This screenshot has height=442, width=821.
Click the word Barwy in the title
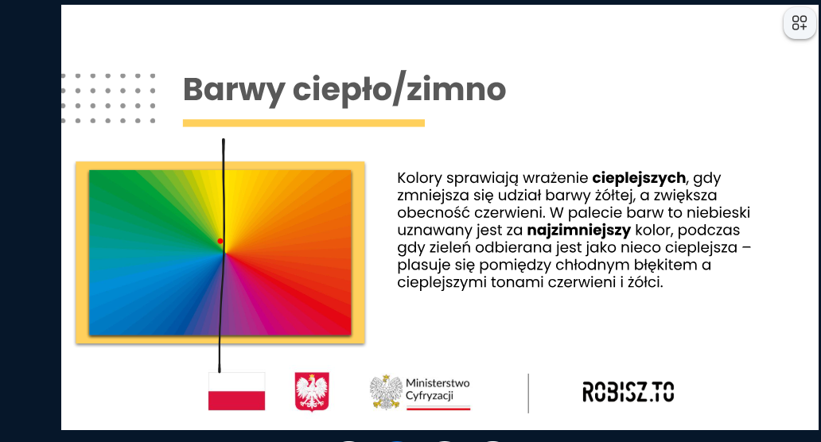[234, 90]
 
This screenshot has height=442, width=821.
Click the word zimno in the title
[457, 89]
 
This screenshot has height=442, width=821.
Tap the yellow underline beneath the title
[304, 123]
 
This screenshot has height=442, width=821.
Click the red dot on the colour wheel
[220, 241]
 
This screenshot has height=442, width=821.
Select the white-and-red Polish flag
[236, 391]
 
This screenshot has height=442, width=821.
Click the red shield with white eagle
[312, 391]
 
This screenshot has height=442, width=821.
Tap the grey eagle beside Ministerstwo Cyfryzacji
[386, 392]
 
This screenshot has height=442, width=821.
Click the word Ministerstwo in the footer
[438, 383]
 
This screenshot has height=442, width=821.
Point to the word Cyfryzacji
[430, 396]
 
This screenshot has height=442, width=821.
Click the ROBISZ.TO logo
[628, 392]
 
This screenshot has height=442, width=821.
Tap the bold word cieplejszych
[639, 178]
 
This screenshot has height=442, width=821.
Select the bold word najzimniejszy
[579, 231]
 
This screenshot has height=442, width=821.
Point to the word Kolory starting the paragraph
[419, 178]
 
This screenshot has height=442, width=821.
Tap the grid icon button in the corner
[800, 23]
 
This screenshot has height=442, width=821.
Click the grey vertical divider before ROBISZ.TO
[528, 393]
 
